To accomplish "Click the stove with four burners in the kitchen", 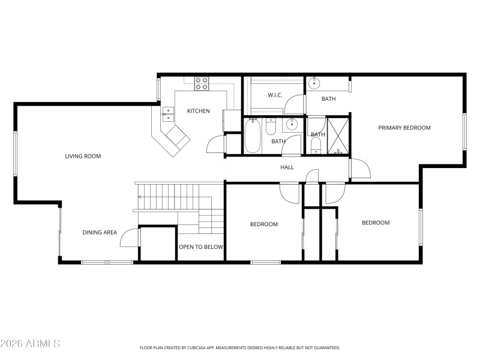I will click(x=202, y=84).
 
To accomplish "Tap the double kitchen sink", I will click(x=169, y=114).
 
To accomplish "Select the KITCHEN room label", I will click(x=198, y=111).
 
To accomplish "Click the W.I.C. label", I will click(x=275, y=95).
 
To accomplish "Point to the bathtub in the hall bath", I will click(x=253, y=136).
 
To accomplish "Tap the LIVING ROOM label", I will click(x=83, y=156).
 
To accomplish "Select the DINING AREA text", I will click(x=100, y=232).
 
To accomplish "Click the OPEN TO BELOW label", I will click(x=201, y=247).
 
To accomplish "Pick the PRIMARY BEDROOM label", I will click(x=404, y=127).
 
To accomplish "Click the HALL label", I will click(x=287, y=167).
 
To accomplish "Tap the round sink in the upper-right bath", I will click(x=313, y=85).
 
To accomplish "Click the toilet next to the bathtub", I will click(x=271, y=128).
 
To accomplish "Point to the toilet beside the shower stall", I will click(x=316, y=146).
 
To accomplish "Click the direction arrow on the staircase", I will click(x=140, y=197).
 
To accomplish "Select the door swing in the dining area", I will click(x=130, y=238).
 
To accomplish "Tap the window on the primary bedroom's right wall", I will click(x=464, y=132).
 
